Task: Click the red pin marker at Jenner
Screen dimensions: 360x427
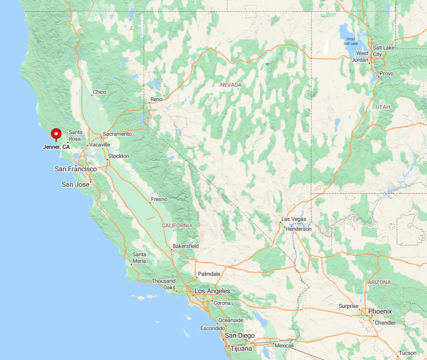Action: (56, 134)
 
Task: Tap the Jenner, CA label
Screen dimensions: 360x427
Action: (56, 147)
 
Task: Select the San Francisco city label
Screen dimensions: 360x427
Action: (75, 169)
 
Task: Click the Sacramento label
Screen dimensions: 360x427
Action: (118, 134)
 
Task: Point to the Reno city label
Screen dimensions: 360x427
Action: (156, 99)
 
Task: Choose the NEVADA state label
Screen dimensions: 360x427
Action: (231, 85)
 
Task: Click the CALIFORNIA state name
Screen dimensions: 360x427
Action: (177, 225)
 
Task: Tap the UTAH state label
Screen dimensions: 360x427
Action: (383, 107)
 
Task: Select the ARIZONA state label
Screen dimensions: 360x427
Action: (379, 282)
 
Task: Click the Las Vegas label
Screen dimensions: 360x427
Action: (294, 219)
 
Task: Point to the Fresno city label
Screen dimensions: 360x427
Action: (159, 199)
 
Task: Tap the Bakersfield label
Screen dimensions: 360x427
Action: (185, 246)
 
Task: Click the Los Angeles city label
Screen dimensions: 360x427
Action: (212, 291)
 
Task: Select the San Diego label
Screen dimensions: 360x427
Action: (240, 336)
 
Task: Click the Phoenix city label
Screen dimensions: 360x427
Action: (380, 311)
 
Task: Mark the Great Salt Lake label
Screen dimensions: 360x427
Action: (350, 41)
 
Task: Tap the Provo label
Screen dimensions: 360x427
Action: (386, 74)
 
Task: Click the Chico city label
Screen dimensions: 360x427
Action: (100, 92)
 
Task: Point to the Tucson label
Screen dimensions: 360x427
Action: (408, 353)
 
